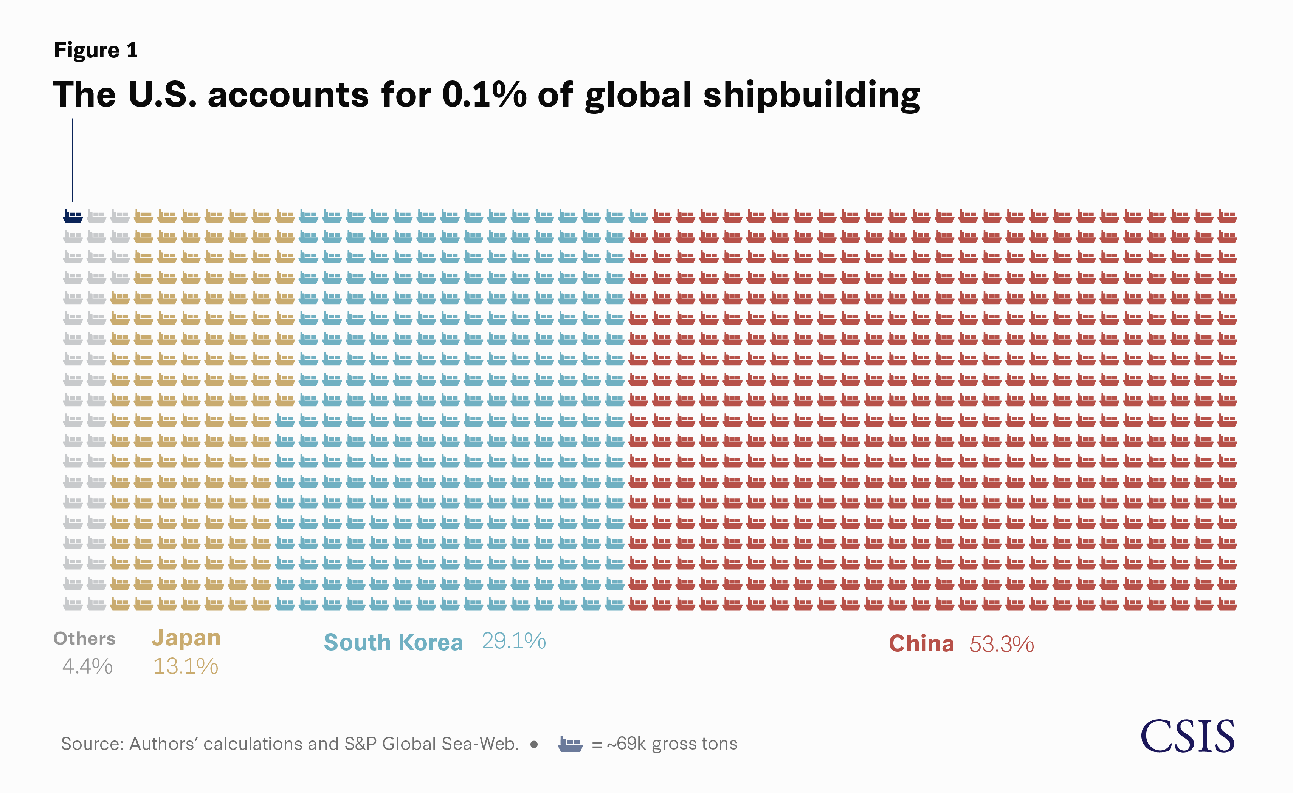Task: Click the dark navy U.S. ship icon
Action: pyautogui.click(x=73, y=216)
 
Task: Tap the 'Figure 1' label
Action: pyautogui.click(x=96, y=50)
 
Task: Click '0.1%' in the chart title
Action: pyautogui.click(x=484, y=95)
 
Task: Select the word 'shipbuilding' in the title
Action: pyautogui.click(x=811, y=96)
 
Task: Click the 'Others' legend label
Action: pyautogui.click(x=84, y=639)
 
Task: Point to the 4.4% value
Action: pyautogui.click(x=87, y=666)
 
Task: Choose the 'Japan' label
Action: pyautogui.click(x=186, y=638)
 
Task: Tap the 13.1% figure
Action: pyautogui.click(x=185, y=666)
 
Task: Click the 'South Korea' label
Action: pyautogui.click(x=393, y=643)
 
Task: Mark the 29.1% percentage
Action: pyautogui.click(x=514, y=641)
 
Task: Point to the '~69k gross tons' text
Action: pyautogui.click(x=672, y=744)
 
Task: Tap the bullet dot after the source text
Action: pyautogui.click(x=534, y=744)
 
